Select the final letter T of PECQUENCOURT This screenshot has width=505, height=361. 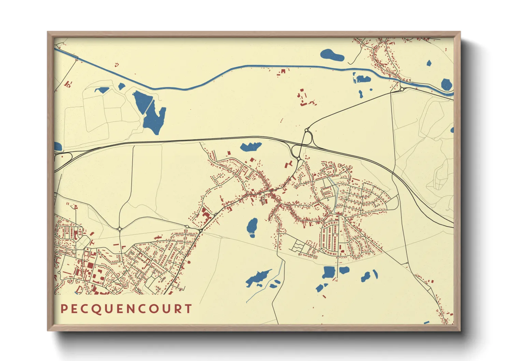click(x=188, y=309)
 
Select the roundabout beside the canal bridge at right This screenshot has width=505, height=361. click(x=402, y=89)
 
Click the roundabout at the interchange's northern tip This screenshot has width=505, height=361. click(x=306, y=130)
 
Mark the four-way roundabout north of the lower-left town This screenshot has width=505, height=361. click(x=119, y=229)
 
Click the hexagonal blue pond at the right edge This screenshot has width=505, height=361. click(x=446, y=84)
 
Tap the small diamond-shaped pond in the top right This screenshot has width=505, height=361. click(x=429, y=63)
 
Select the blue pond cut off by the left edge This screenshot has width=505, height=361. click(x=57, y=147)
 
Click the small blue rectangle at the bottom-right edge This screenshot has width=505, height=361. click(x=427, y=322)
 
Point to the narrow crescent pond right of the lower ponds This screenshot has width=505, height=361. click(x=375, y=274)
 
